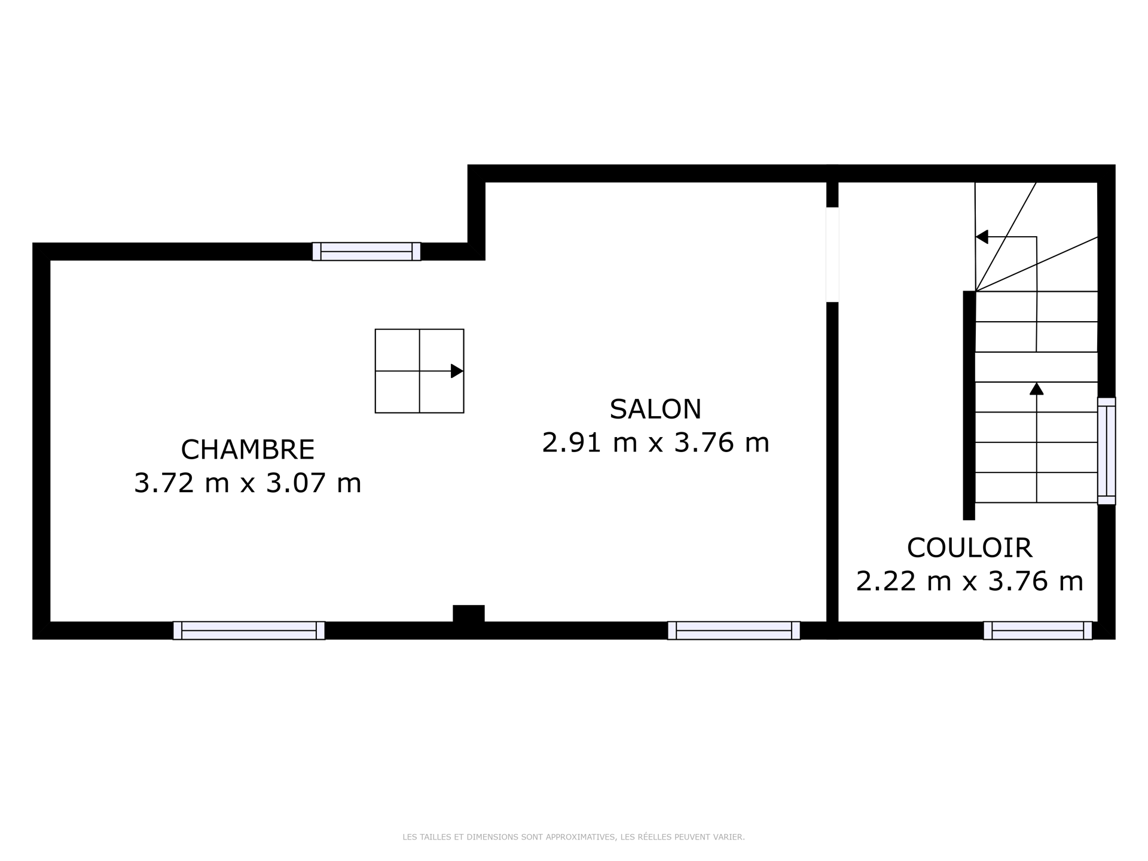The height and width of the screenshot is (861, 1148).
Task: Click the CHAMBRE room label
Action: (248, 450)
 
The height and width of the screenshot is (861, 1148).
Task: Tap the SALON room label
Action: (655, 409)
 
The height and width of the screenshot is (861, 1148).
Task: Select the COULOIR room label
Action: (969, 548)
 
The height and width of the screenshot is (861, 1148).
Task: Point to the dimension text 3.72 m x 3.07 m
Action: (248, 483)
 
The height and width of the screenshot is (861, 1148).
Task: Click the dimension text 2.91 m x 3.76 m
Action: (655, 443)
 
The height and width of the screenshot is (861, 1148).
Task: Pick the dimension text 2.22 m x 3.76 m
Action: (969, 581)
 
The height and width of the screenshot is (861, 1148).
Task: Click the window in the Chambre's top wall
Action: (367, 252)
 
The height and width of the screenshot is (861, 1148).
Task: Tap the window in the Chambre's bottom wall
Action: (249, 630)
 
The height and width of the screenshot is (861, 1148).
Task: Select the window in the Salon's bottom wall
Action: (734, 630)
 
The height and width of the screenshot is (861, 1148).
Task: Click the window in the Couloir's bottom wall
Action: (1037, 630)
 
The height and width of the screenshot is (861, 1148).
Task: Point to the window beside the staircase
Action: (1106, 451)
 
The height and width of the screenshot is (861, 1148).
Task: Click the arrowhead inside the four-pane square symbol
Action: (457, 371)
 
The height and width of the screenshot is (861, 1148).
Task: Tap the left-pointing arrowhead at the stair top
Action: (982, 237)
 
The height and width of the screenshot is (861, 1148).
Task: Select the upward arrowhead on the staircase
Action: (1036, 389)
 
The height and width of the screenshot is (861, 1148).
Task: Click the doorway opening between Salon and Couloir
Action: (832, 255)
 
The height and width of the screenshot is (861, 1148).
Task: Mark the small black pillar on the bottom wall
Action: (468, 614)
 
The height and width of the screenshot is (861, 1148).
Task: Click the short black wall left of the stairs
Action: (969, 405)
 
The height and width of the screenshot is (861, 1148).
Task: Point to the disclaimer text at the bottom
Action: (574, 837)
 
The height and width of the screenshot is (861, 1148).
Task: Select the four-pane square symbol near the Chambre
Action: (419, 371)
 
